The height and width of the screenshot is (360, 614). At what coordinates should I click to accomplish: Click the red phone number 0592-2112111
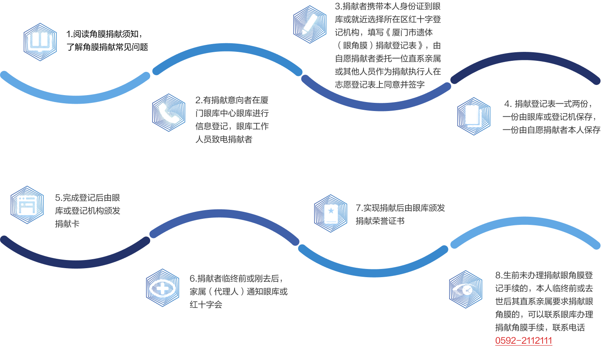coord(523,341)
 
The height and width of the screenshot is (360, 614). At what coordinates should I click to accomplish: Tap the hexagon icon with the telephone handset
coord(168,113)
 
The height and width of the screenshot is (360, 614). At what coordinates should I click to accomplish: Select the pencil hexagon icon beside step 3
coord(310,24)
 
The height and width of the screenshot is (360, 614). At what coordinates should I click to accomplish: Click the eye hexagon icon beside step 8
coord(465,289)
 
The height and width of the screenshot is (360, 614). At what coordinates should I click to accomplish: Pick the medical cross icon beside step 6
coord(162,288)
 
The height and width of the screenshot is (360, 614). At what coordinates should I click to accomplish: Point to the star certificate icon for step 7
coord(330,213)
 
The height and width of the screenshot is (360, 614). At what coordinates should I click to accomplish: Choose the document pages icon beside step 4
coord(473,116)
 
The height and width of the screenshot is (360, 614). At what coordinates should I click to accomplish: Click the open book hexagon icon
coord(40,42)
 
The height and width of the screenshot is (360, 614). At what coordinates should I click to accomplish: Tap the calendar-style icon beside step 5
coord(27,205)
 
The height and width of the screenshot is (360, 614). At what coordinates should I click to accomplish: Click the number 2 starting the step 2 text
coord(198,100)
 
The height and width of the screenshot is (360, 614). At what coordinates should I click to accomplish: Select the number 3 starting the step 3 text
coord(338,7)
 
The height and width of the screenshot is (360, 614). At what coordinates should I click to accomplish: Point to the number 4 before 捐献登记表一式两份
coord(507,104)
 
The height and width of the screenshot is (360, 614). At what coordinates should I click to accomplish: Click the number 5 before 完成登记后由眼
coord(58,198)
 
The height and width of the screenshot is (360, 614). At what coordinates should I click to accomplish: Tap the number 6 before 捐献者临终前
coord(192,279)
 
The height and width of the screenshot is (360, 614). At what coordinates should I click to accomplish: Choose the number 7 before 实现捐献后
coord(358,208)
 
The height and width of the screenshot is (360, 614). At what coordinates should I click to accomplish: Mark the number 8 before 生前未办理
coord(498,276)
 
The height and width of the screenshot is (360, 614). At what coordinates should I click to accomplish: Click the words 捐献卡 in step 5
coord(67,224)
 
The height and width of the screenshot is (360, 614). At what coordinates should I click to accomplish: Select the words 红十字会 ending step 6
coord(206,304)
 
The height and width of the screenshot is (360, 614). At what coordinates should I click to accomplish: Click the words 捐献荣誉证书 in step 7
coord(380,221)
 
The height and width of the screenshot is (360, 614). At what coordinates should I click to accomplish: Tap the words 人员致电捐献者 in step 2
coord(224,140)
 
